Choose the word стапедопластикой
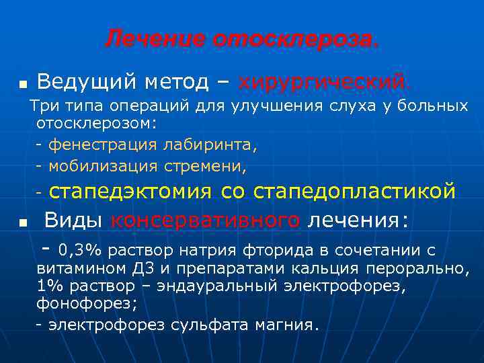click(x=354, y=192)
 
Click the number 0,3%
click(x=79, y=251)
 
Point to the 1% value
click(x=49, y=286)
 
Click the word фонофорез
click(x=85, y=303)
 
